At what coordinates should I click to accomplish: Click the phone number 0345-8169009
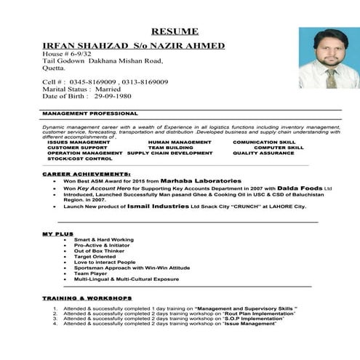click(93, 82)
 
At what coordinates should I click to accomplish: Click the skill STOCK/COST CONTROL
click(80, 159)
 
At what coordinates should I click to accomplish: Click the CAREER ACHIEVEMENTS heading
click(87, 175)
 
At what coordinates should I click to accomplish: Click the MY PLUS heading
click(58, 233)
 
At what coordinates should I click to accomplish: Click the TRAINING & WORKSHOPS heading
click(87, 298)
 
